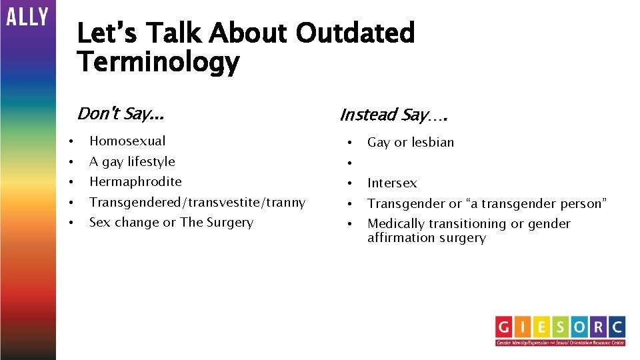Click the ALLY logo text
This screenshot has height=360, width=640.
click(x=27, y=17)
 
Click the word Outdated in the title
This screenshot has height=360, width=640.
click(x=355, y=33)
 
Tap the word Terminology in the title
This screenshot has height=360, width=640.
click(x=158, y=62)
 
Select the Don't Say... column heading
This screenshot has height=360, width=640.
click(x=120, y=113)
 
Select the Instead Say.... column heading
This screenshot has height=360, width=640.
click(x=393, y=115)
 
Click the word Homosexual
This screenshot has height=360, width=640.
click(x=127, y=141)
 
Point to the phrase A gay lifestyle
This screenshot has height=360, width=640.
click(x=132, y=161)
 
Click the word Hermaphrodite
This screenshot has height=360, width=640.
click(x=135, y=181)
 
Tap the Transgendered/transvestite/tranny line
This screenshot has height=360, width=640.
click(x=197, y=202)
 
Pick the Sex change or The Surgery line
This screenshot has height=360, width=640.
click(x=171, y=222)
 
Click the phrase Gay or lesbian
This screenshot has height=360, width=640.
click(x=411, y=142)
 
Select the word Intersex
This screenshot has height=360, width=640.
click(x=392, y=183)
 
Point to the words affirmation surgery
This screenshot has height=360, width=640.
click(x=427, y=238)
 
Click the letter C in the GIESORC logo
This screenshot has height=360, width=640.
click(x=617, y=327)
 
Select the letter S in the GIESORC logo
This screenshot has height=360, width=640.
click(x=561, y=327)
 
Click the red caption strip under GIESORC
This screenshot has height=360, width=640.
click(x=560, y=343)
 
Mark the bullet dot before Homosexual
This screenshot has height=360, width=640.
click(x=70, y=141)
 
